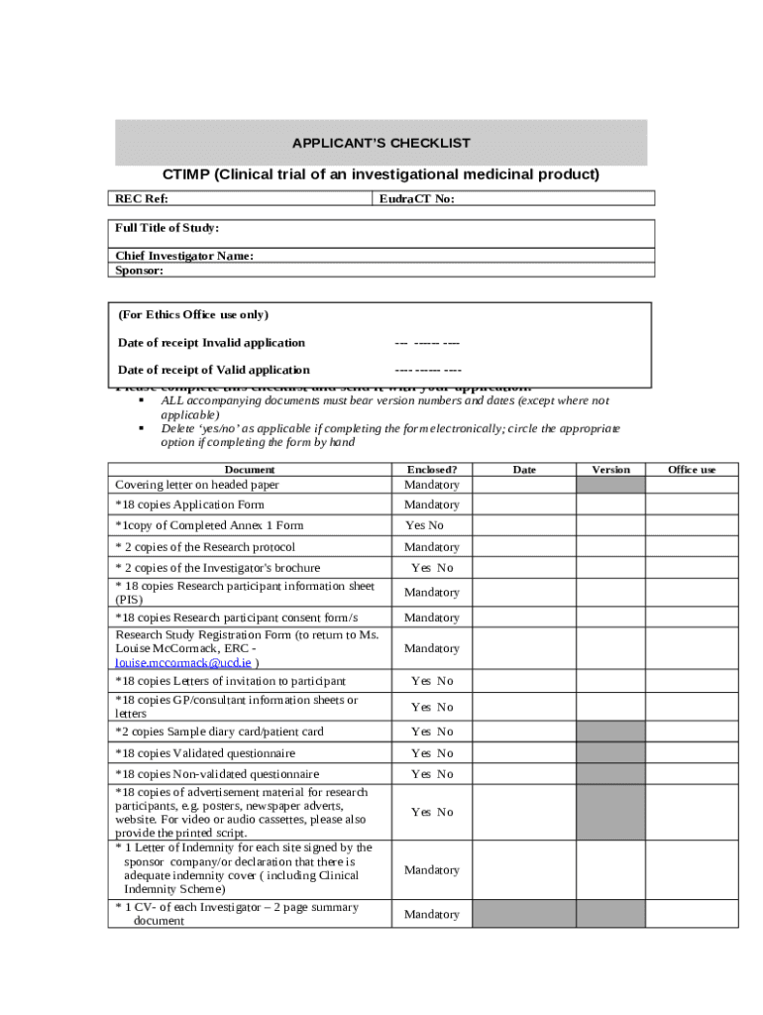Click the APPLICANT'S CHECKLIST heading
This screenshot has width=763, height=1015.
[381, 144]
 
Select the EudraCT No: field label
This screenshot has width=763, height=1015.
[416, 198]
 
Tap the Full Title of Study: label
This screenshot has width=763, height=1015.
[166, 228]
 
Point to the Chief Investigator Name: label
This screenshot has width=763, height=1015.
[184, 256]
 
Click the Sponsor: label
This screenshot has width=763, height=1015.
[139, 270]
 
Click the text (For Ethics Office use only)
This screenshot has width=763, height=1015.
[193, 315]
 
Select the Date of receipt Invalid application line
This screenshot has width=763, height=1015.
[211, 343]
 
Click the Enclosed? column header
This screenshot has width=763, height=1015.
[431, 469]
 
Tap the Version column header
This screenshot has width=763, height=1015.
[610, 469]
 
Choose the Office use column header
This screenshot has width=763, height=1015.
[692, 469]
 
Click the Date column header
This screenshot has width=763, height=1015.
[524, 469]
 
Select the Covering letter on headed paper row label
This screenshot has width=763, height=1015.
[197, 485]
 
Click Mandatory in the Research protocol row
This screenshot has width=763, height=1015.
[431, 547]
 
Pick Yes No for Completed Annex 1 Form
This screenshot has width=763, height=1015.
[424, 525]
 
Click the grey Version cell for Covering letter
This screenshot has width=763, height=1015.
[610, 485]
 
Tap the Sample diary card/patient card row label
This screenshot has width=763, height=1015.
[219, 732]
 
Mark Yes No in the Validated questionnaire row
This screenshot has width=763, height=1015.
[432, 753]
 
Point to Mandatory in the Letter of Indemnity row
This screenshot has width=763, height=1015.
[431, 870]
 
